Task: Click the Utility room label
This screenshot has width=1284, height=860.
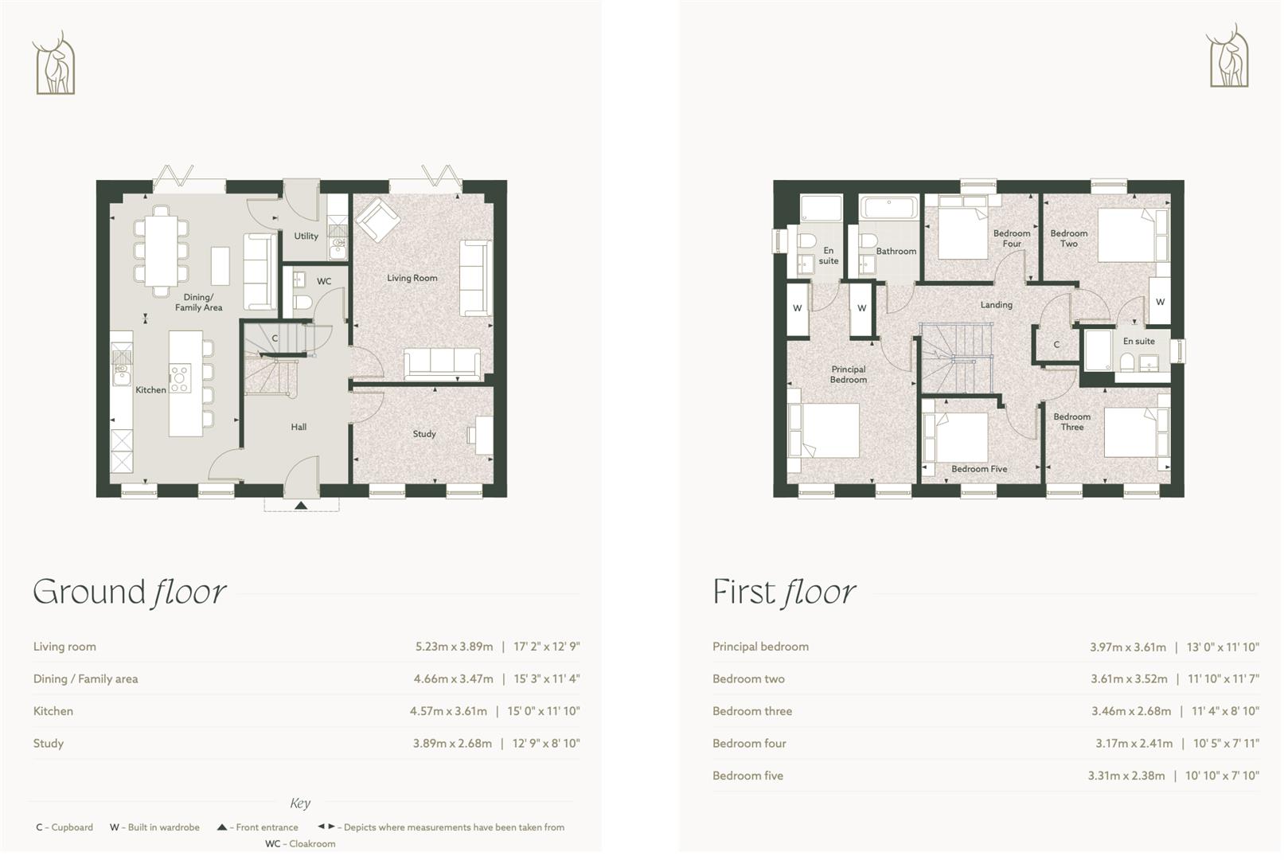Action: (306, 236)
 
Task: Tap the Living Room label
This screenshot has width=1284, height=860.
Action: (412, 278)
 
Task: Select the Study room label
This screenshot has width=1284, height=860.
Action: (423, 434)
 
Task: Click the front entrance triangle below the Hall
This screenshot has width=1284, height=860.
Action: (301, 505)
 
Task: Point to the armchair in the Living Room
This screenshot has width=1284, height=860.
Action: (378, 219)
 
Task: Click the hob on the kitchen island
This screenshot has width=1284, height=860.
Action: (179, 377)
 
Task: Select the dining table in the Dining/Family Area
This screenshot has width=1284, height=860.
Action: (162, 245)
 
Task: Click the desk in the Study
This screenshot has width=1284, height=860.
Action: (484, 435)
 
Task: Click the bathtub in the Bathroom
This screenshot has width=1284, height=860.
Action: (889, 209)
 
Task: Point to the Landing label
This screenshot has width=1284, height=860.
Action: (996, 305)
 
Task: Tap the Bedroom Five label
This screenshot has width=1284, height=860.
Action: (978, 469)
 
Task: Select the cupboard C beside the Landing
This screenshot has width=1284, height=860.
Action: (1056, 345)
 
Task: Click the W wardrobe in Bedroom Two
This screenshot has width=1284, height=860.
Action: (1160, 301)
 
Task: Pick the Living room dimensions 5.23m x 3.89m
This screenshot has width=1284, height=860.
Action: (454, 647)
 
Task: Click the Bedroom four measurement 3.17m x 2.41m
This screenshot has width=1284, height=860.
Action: (1133, 743)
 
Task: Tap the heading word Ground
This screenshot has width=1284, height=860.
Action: (89, 592)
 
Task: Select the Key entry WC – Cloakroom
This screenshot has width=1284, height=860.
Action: (300, 844)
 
